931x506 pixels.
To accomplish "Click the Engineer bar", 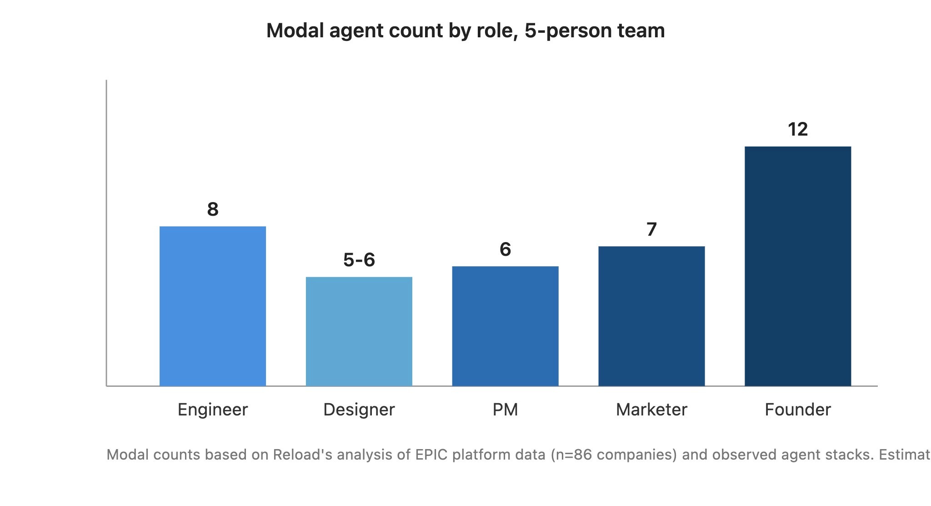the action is tap(213, 306).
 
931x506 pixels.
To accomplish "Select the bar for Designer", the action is tap(359, 332).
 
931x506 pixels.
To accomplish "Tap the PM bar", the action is tap(505, 326).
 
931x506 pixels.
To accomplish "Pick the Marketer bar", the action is tap(651, 316).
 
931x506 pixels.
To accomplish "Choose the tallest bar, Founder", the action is tap(798, 266).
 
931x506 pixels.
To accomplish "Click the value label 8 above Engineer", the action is tap(213, 209).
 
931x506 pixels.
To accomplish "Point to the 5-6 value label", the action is tap(359, 260).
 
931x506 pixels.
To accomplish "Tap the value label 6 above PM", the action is tap(505, 249).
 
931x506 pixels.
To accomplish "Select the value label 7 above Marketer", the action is tap(651, 229).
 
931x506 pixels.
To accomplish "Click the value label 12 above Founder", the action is tap(798, 129).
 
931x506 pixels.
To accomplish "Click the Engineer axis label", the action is tap(213, 410).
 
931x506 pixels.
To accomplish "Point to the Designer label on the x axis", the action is tap(359, 410).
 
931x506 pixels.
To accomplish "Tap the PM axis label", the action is tap(505, 410).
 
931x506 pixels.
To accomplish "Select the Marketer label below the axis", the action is tap(651, 410).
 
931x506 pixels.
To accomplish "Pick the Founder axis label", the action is tap(798, 410).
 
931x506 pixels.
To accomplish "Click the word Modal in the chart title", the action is tap(295, 30).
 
